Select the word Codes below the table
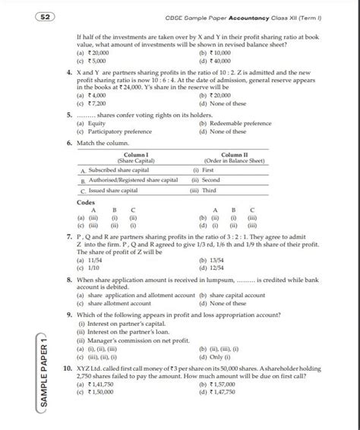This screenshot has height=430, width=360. pyautogui.click(x=86, y=204)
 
